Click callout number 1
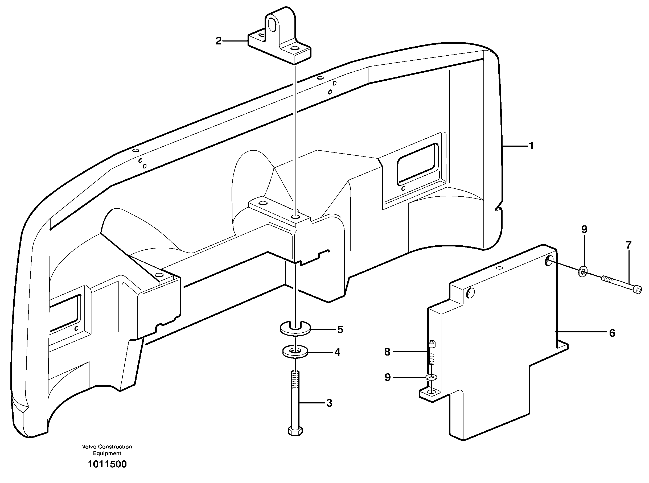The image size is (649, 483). (531, 146)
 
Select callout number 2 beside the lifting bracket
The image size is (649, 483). (218, 41)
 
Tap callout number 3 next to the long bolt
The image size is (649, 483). (329, 403)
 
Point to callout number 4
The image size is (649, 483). (337, 353)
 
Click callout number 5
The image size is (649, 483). (340, 330)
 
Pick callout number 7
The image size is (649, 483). (629, 245)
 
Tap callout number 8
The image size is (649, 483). (387, 352)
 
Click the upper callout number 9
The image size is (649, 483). (584, 229)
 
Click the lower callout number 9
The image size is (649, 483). (388, 377)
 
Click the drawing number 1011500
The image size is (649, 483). (107, 464)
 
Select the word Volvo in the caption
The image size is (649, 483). (89, 447)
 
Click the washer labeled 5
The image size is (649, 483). (295, 329)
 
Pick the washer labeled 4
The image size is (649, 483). (295, 352)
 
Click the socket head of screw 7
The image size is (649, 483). (638, 290)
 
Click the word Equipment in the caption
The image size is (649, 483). (107, 453)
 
